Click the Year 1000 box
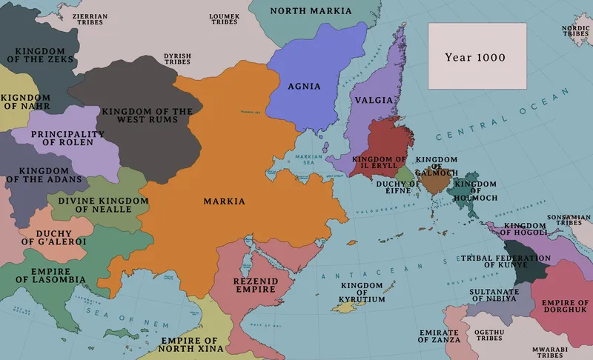[476, 56]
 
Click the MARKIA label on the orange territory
[224, 201]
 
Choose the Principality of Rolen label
[67, 139]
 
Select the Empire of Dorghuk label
[565, 307]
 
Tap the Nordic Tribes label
[576, 31]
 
